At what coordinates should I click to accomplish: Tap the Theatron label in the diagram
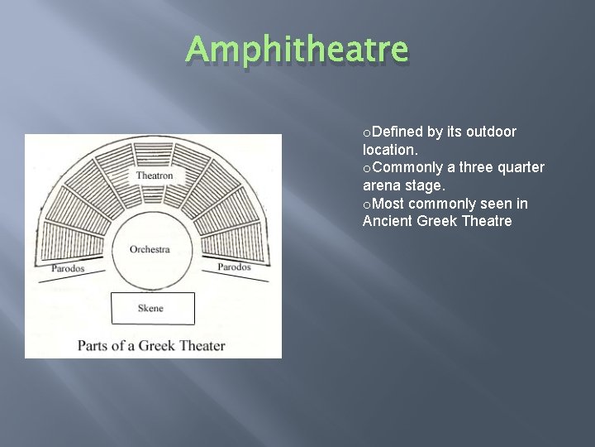[x=155, y=175]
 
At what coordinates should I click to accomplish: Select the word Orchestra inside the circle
[x=150, y=249]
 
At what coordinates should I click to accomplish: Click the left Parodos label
[x=68, y=268]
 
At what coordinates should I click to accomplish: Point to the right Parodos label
[x=235, y=267]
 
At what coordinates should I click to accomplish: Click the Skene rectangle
[x=153, y=308]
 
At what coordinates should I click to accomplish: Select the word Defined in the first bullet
[x=398, y=132]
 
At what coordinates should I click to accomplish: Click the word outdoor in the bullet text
[x=491, y=132]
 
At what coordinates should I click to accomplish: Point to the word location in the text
[x=389, y=150]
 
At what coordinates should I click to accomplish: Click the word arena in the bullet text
[x=381, y=185]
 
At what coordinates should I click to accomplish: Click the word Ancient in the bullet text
[x=388, y=221]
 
